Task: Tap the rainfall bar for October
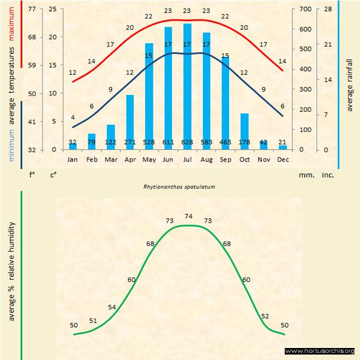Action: click(244, 131)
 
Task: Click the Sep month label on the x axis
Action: click(225, 160)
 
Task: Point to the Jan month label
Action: click(73, 160)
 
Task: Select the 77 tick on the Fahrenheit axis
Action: click(32, 9)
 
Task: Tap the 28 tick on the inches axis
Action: click(328, 9)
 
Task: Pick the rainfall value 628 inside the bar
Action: click(187, 142)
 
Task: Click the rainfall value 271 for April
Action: click(130, 142)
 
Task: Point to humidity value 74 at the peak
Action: click(189, 216)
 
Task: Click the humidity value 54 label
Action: click(112, 308)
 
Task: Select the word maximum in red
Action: click(11, 23)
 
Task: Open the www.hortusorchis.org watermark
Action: click(320, 351)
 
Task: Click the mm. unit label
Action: click(305, 175)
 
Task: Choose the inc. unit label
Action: click(328, 175)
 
